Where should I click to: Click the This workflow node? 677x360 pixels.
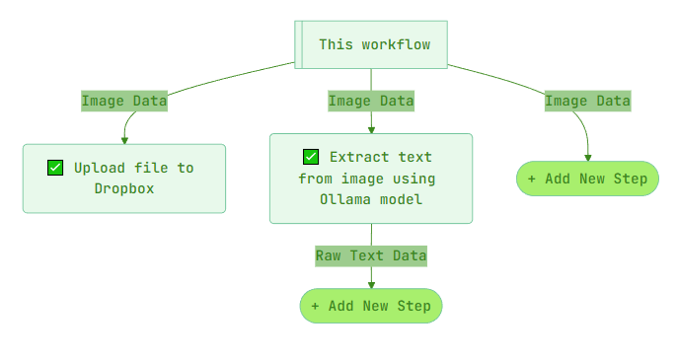[371, 45]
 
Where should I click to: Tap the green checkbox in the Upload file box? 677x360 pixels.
[55, 168]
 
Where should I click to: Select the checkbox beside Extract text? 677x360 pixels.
[311, 157]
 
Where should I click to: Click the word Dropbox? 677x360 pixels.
[124, 188]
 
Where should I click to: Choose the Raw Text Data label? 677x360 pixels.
[371, 255]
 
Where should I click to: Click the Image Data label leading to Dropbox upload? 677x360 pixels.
[124, 101]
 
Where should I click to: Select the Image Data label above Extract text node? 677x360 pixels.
[371, 101]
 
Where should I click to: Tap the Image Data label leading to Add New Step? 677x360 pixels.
[587, 101]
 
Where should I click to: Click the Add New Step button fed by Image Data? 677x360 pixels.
[587, 179]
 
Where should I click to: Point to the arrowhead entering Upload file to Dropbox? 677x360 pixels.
[125, 140]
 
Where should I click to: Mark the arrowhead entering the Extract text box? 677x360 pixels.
[371, 129]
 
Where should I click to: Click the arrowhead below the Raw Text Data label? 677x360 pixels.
[371, 284]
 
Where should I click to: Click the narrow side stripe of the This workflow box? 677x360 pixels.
[298, 45]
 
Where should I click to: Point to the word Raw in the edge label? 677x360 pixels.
[328, 255]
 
